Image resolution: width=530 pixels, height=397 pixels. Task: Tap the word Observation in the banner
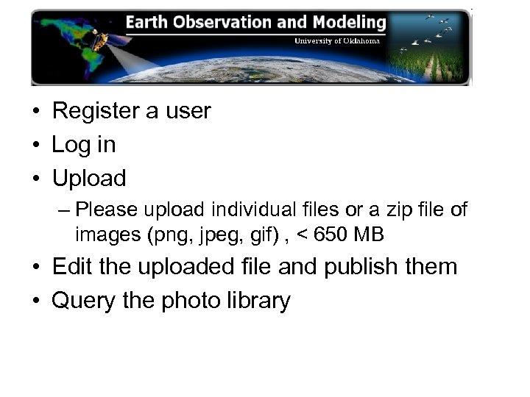pyautogui.click(x=220, y=23)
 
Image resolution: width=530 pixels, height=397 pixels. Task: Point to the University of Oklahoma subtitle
pyautogui.click(x=337, y=41)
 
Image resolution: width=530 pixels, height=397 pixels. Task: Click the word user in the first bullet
pyautogui.click(x=188, y=111)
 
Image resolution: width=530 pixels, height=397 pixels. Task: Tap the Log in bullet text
pyautogui.click(x=84, y=145)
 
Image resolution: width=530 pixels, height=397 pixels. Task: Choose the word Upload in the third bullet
pyautogui.click(x=89, y=179)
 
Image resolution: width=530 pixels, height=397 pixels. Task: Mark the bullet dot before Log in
pyautogui.click(x=35, y=146)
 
